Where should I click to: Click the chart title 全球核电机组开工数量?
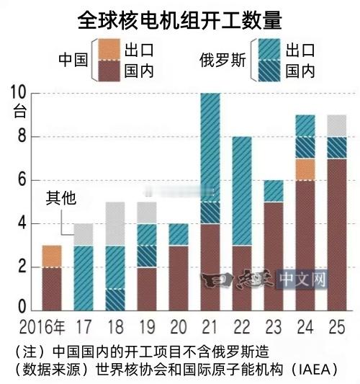(179, 19)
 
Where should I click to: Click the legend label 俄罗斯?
(223, 61)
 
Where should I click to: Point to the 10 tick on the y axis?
(17, 92)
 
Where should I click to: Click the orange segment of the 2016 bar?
(51, 256)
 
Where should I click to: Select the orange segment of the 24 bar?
(305, 169)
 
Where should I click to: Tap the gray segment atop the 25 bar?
(337, 125)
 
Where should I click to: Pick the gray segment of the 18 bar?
(115, 223)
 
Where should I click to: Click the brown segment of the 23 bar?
(273, 256)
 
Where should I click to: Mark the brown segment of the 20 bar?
(179, 277)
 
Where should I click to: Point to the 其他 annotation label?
(61, 197)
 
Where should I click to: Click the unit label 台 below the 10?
(19, 112)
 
